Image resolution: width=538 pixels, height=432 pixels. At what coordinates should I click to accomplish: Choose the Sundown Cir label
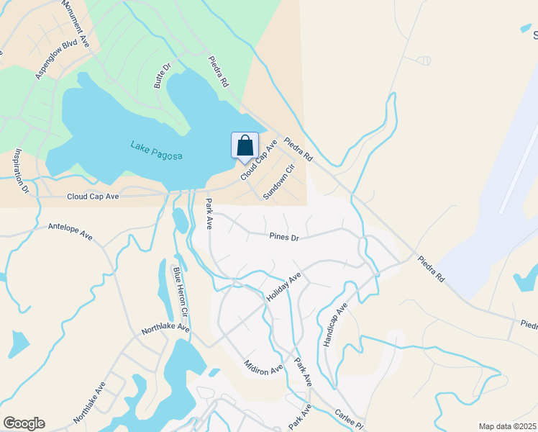click(279, 181)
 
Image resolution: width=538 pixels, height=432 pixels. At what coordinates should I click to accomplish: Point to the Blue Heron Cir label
click(179, 292)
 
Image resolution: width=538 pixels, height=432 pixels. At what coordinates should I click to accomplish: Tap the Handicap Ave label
click(335, 325)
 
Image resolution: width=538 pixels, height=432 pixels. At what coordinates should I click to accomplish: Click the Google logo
click(24, 423)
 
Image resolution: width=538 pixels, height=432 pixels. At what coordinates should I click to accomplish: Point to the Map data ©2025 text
click(506, 426)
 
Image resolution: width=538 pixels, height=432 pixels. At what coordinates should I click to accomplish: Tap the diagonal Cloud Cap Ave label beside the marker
click(260, 159)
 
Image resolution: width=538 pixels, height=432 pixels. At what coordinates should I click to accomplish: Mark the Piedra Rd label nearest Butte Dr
click(218, 72)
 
